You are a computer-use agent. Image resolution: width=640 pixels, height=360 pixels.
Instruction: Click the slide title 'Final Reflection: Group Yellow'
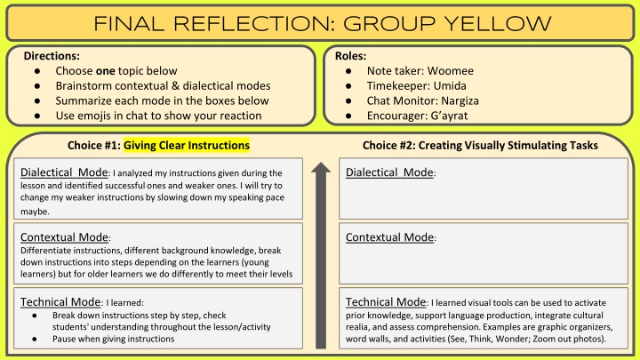pos(319,21)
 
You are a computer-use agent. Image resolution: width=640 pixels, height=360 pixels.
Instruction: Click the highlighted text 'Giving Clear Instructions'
pos(187,145)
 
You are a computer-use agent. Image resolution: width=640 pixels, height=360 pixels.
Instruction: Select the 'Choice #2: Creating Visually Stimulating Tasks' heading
pos(480,145)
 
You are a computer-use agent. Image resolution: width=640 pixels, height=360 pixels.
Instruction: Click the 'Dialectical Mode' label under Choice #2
pos(388,172)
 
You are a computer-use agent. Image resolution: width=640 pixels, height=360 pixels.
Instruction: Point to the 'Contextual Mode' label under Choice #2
pos(390,237)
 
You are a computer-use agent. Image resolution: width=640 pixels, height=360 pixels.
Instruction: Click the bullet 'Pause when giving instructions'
pos(113,339)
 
